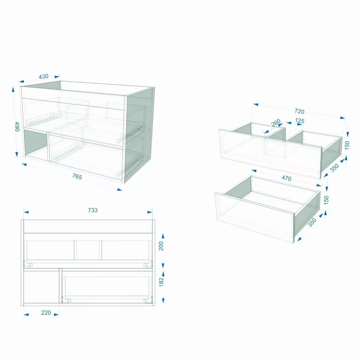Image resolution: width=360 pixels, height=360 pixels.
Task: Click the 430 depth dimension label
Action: [44, 76]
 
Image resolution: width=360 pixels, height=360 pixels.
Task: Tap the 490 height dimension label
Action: [17, 126]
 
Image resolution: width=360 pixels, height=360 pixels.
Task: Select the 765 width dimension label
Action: [77, 176]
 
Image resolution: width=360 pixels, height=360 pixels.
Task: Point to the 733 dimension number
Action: [93, 210]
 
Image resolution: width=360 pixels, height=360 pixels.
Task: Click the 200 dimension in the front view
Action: [161, 246]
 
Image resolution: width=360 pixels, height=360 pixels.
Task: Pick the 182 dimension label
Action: [161, 282]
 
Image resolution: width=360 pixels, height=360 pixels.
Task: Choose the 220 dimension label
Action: [46, 313]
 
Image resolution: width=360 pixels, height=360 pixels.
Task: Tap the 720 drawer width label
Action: [300, 111]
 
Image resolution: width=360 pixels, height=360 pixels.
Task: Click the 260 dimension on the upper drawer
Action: [276, 123]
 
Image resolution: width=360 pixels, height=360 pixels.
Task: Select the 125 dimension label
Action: [300, 121]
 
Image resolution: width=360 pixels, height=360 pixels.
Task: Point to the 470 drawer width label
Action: [286, 179]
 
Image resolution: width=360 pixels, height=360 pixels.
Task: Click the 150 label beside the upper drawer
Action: [347, 145]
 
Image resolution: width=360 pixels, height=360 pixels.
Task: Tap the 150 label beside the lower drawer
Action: [326, 200]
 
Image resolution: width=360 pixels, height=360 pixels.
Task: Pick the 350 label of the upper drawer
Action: [334, 168]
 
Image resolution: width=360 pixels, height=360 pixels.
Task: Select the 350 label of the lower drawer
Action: [312, 222]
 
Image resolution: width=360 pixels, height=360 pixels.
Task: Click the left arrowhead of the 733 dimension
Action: [26, 212]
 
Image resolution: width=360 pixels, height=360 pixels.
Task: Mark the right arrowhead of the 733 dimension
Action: [150, 212]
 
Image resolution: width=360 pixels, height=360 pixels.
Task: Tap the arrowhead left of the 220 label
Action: [26, 315]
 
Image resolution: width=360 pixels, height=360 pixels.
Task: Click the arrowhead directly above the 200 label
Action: [163, 236]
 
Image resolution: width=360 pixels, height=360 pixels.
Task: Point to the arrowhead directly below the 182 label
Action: [163, 301]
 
